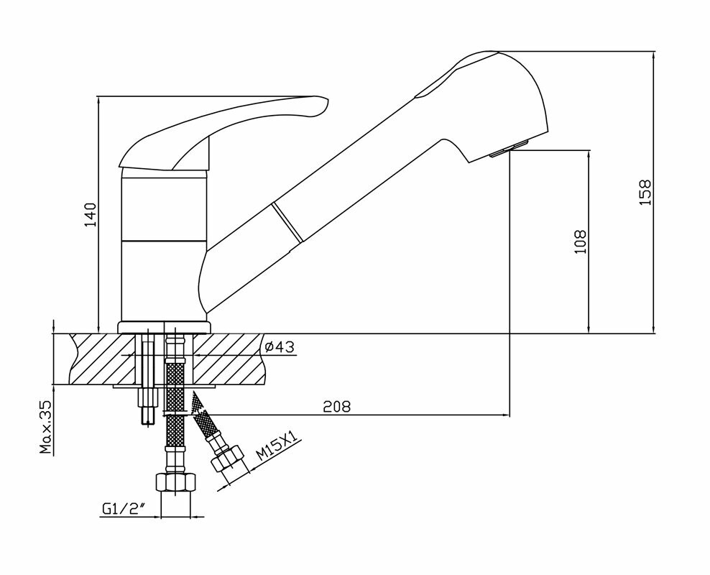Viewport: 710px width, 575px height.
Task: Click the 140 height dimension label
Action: click(x=89, y=215)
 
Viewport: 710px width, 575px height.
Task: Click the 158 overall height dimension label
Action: click(x=645, y=193)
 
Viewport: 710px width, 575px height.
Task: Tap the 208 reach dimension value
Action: click(x=336, y=407)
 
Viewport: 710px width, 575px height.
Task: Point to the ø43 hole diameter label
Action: click(x=278, y=347)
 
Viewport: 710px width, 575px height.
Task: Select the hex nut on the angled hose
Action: click(x=228, y=459)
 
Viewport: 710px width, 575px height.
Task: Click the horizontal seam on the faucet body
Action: click(x=164, y=240)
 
